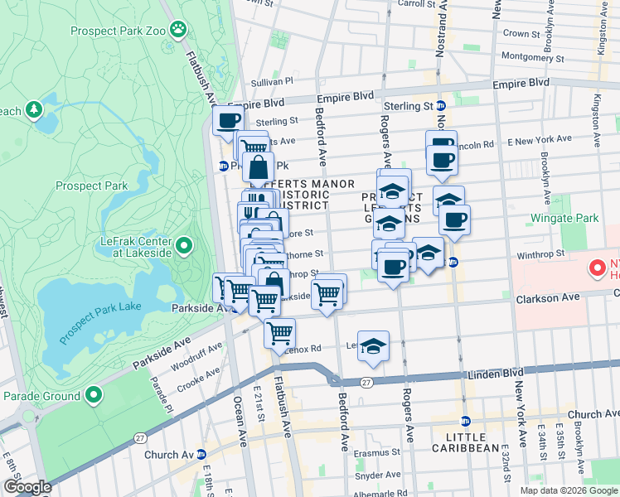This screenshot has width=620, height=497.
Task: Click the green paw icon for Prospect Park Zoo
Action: [177, 29]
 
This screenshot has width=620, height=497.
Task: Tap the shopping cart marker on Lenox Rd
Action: [280, 332]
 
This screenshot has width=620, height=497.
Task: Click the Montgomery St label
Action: [533, 58]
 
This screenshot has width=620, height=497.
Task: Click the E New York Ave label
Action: [539, 141]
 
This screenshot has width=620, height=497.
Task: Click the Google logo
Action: [27, 487]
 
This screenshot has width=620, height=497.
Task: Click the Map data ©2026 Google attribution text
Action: [568, 490]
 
